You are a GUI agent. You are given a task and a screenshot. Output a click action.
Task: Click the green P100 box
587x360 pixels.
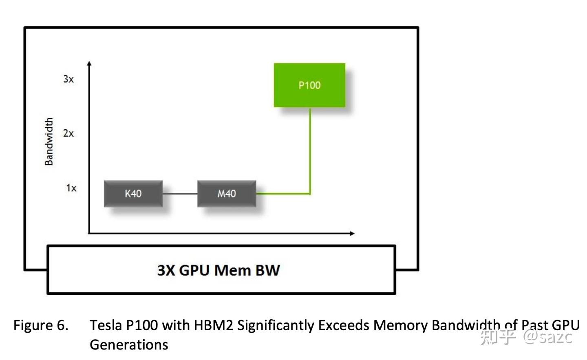309,85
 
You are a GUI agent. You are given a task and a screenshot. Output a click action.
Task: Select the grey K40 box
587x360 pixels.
133,194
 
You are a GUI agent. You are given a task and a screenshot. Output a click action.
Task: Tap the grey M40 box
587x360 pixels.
227,194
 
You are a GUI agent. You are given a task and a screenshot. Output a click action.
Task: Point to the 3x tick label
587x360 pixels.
68,79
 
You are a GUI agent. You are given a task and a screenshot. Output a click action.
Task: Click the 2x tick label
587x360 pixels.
68,133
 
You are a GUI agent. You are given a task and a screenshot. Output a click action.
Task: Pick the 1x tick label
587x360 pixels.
71,188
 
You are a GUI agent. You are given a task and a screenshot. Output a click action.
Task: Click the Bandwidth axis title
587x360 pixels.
49,141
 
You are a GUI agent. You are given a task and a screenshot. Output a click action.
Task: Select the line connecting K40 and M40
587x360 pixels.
180,194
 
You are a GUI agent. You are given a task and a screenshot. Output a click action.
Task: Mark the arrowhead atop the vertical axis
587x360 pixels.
89,63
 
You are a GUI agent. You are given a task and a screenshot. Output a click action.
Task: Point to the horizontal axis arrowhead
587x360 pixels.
352,233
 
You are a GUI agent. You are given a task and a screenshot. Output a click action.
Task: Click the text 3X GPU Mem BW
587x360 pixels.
218,270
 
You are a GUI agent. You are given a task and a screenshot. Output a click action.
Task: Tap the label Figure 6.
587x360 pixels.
41,325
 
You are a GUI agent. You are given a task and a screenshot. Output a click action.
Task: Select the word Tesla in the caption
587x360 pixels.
106,325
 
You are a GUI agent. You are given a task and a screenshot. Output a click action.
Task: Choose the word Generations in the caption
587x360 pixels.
129,345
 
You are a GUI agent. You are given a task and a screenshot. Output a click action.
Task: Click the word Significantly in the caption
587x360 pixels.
276,325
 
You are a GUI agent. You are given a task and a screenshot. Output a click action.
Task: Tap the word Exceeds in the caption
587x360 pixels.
344,325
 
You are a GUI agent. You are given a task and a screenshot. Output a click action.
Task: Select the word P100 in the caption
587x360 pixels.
141,325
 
